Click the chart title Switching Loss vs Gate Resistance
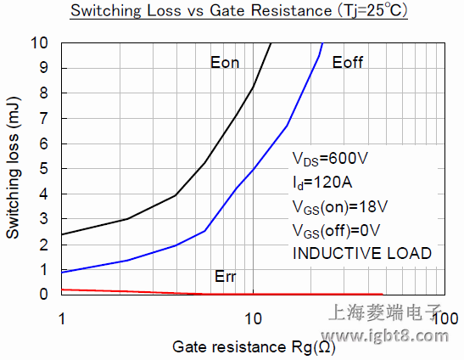238,12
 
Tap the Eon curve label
226,62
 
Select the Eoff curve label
349,63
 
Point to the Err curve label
226,278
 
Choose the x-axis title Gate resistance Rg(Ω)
253,346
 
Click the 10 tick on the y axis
41,43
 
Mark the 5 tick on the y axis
46,169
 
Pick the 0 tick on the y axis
46,295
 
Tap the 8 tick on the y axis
46,93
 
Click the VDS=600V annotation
329,159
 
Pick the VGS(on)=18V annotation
340,205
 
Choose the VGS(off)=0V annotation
337,229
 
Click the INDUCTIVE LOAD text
362,253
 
